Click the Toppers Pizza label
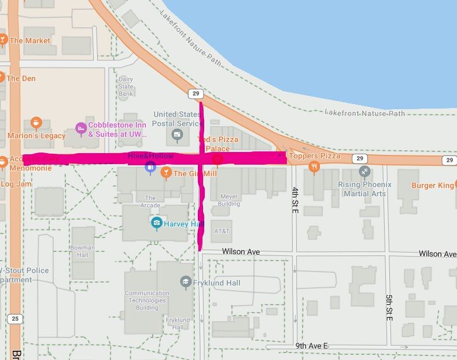314,156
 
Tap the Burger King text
432,185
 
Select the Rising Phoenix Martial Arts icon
364,171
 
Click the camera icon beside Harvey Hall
156,222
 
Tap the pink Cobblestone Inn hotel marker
81,128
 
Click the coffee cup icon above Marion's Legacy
36,123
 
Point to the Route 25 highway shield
15,319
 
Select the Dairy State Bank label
126,86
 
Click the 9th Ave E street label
312,346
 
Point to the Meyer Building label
229,200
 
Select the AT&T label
222,231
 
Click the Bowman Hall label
82,251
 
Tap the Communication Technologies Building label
147,300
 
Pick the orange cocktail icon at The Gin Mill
166,172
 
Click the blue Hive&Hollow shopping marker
150,168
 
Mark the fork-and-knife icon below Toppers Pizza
314,167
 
